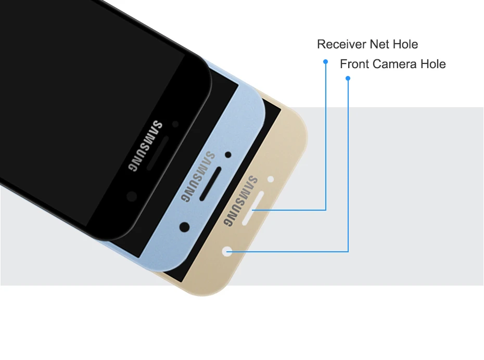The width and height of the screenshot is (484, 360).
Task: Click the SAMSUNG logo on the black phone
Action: tap(145, 147)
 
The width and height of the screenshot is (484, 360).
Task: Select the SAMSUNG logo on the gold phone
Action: tap(240, 201)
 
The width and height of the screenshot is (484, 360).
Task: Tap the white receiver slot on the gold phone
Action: tap(251, 210)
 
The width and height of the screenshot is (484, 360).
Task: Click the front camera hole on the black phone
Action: tap(132, 196)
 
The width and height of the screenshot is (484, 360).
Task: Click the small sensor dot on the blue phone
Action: tap(228, 155)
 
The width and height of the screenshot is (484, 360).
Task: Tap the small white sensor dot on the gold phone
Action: tap(270, 179)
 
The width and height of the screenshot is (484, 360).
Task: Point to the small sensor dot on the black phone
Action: tap(175, 124)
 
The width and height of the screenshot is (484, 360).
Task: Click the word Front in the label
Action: tap(354, 64)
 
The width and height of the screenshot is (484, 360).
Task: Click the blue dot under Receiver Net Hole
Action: tap(326, 61)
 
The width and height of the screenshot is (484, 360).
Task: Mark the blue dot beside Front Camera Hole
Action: tap(348, 79)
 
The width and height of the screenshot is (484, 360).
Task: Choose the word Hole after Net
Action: tap(405, 44)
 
